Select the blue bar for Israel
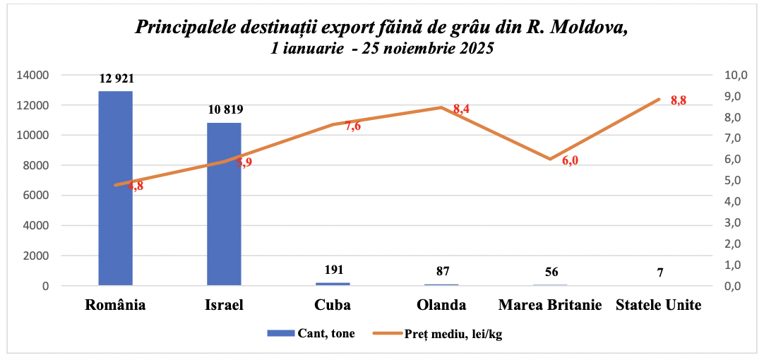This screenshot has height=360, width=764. coord(224,204)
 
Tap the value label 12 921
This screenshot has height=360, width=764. coord(117,78)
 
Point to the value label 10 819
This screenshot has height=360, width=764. coord(225,109)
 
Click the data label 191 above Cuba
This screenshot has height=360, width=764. coord(333,270)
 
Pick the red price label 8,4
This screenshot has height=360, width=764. coord(462,109)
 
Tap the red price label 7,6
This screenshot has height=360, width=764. coord(352,126)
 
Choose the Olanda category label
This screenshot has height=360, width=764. coord(441,306)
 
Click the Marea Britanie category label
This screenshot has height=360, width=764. coord(550,306)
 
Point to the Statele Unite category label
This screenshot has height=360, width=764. coord(659,306)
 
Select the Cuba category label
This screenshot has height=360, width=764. coord(333,306)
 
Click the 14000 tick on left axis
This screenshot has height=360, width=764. coord(33,75)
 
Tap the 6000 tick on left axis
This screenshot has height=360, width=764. coord(36,196)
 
